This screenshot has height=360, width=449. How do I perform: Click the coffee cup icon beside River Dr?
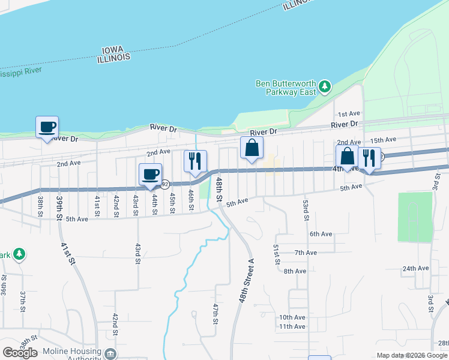[47, 127]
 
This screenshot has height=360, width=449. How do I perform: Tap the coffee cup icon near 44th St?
[151, 175]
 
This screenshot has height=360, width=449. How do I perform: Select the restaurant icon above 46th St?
[194, 161]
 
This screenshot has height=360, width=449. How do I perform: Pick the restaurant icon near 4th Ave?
[369, 158]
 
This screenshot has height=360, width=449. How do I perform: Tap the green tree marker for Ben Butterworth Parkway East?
[325, 87]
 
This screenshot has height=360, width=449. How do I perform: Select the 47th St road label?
[215, 314]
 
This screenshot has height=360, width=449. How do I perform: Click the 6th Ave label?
[321, 234]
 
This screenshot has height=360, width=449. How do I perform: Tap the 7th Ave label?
[306, 253]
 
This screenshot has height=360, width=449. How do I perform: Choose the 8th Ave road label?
[295, 271]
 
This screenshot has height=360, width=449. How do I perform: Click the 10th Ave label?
[292, 317]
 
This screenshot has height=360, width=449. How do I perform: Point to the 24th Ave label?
[415, 268]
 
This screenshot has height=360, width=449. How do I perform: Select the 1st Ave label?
[348, 113]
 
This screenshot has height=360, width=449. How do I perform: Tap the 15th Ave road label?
[383, 140]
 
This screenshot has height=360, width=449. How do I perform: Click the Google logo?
[20, 353]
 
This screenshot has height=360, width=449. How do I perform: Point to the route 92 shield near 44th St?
[164, 184]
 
